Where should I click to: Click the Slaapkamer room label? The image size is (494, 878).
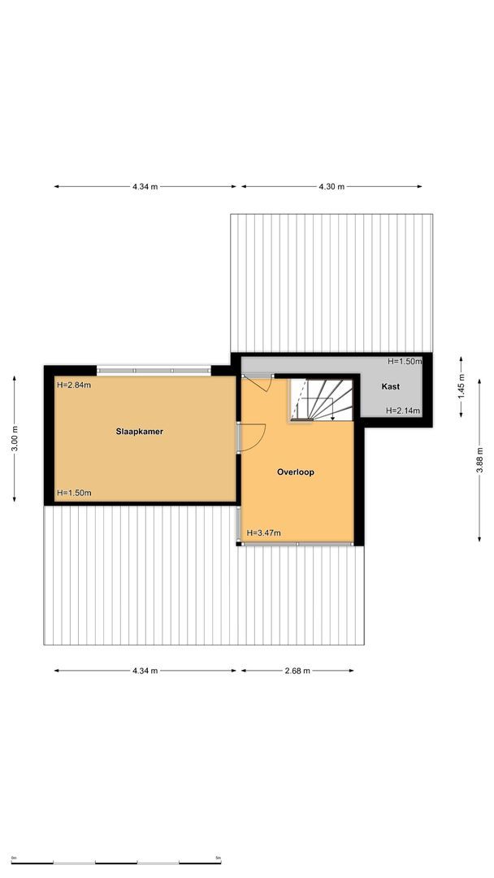point(139,432)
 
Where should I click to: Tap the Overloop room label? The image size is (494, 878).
point(295,472)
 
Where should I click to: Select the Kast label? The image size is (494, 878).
point(390,387)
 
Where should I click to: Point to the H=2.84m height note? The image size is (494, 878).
point(74,385)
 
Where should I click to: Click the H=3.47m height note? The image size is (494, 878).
point(263,533)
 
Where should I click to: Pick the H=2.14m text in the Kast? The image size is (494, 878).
point(403,411)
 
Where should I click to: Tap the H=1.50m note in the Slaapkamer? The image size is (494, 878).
point(74,493)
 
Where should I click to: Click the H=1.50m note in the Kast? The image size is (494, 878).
point(404,361)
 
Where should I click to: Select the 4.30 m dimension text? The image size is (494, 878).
point(331,187)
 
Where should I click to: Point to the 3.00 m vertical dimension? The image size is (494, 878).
point(15,439)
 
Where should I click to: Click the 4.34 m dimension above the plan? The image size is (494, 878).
point(145,187)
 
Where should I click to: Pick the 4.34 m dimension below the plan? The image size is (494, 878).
point(145,671)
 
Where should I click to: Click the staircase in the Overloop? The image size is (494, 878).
point(323,399)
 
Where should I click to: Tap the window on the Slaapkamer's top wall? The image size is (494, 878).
point(154,371)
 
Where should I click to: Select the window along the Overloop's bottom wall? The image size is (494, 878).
point(299,543)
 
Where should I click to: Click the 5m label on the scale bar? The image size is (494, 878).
point(218,858)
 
